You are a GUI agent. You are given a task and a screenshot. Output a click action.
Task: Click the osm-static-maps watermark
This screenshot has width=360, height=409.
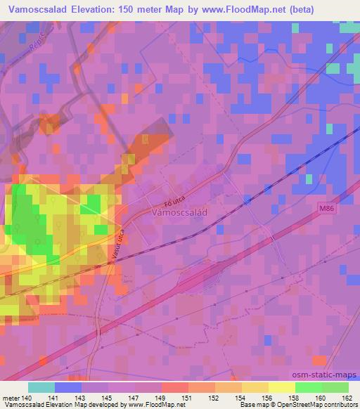[324, 375]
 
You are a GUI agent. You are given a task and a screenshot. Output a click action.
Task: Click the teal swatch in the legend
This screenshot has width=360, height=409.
[41, 387]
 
